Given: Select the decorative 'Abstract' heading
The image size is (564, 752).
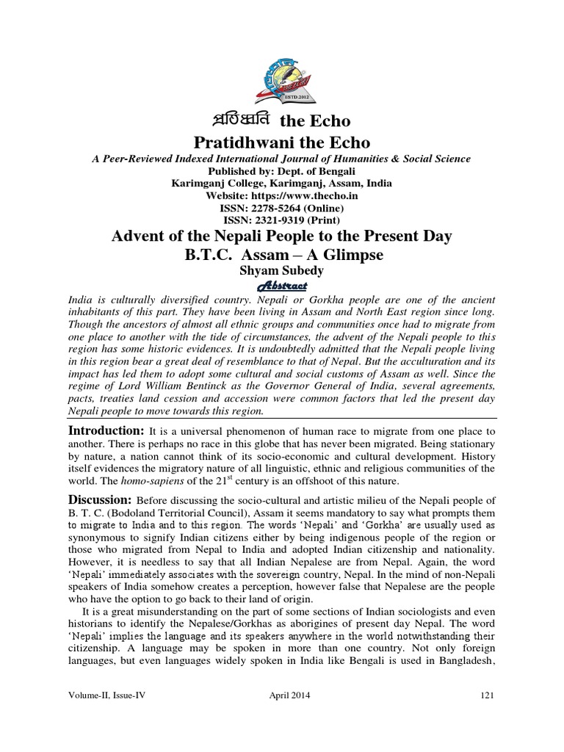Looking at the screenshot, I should tap(282, 286).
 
